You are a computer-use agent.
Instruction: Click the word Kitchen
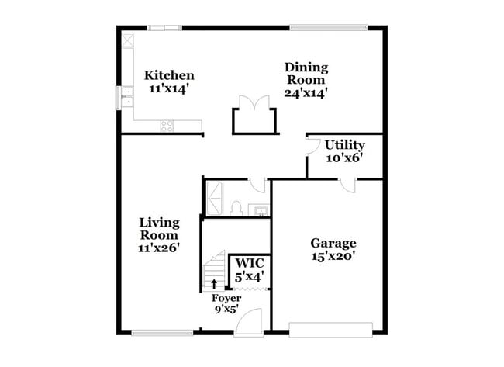point(169,75)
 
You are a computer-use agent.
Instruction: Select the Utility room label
point(344,144)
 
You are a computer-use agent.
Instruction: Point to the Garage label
point(333,243)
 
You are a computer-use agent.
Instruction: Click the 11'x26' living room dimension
point(159,248)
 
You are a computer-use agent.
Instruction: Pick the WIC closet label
point(250,262)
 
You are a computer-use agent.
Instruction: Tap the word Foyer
point(226,298)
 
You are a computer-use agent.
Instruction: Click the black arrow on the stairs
point(215,283)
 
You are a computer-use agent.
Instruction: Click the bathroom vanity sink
point(261,209)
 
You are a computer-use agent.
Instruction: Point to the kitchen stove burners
point(166,125)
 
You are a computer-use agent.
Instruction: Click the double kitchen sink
point(126,97)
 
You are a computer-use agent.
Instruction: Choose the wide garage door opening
point(335,329)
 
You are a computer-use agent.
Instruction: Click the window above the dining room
point(328,28)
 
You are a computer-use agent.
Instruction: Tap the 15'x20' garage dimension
point(333,257)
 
